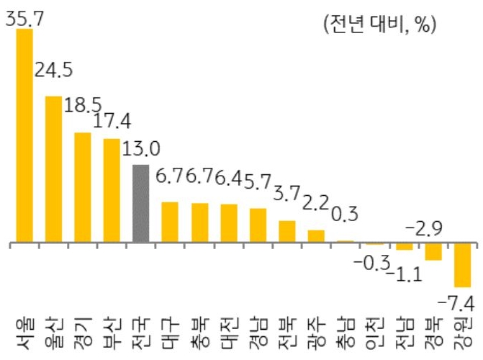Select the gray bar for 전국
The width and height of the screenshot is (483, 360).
(x=141, y=204)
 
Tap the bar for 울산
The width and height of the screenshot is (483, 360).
(x=53, y=170)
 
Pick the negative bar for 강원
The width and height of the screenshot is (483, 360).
(x=462, y=266)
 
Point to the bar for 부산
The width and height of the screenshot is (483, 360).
(x=112, y=191)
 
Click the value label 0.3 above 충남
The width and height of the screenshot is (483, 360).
(x=346, y=215)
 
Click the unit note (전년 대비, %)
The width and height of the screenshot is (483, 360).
(x=379, y=24)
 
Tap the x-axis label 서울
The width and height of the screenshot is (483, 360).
(x=24, y=332)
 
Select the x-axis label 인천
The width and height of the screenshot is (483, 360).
(x=375, y=332)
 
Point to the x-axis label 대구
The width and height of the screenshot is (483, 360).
(x=171, y=332)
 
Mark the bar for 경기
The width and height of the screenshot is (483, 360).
(x=83, y=188)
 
